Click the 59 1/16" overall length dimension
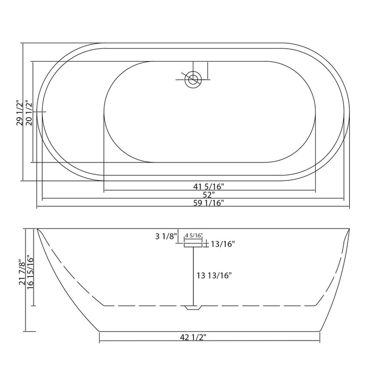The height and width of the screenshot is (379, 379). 209,203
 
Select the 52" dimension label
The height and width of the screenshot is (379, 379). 209,194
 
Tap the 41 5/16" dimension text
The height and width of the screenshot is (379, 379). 209,186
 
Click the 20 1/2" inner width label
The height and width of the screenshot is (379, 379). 29,113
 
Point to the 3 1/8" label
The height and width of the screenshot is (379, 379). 166,236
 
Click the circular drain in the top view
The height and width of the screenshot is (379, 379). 193,80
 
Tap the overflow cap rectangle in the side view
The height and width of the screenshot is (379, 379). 193,245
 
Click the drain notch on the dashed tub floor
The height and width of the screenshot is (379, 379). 193,308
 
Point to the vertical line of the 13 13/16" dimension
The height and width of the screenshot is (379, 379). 193,276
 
